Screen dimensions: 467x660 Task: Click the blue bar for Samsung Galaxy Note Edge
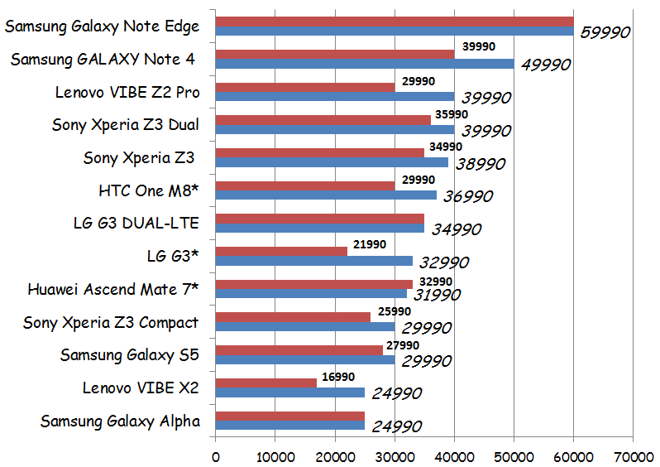(395, 31)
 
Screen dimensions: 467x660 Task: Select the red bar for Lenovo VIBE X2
(266, 383)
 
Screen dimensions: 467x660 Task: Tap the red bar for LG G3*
(281, 251)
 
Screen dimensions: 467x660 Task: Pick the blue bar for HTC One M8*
(326, 195)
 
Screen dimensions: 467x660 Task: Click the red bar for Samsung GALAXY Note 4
(335, 54)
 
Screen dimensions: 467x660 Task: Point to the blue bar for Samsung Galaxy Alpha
(290, 425)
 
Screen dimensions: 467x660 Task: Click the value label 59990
(605, 32)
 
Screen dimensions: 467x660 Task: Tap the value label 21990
(370, 245)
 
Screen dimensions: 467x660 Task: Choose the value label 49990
(546, 65)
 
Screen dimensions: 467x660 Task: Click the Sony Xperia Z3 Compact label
(111, 322)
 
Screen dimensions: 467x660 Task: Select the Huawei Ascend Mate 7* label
(113, 289)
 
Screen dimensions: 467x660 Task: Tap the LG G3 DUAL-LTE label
(136, 223)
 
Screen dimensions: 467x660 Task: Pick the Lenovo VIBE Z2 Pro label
(127, 91)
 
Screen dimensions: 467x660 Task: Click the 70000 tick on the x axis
(633, 456)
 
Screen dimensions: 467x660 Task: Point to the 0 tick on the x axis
(216, 456)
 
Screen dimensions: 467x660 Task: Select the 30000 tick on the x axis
(395, 456)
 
